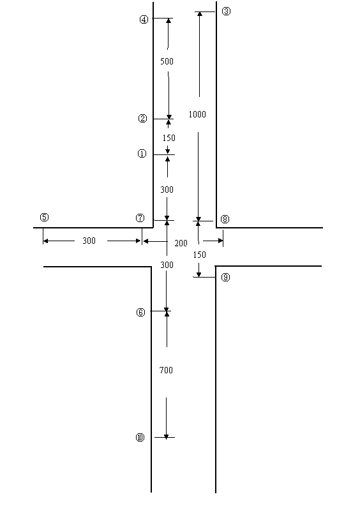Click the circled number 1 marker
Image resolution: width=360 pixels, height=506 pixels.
tap(142, 154)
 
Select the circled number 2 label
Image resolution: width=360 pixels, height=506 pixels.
tap(142, 119)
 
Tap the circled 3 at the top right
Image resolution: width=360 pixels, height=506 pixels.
tap(226, 11)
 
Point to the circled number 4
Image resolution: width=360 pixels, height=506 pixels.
tap(144, 19)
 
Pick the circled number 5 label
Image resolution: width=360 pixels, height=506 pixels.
tap(44, 217)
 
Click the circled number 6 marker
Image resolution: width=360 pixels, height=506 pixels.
tap(140, 312)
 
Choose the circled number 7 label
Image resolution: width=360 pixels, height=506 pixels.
tap(140, 218)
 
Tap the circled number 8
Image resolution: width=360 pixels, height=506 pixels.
tap(225, 219)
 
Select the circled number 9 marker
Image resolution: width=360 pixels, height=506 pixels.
tap(225, 277)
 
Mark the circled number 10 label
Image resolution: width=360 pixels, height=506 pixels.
tap(140, 437)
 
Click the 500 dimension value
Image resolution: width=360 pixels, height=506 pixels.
tap(167, 61)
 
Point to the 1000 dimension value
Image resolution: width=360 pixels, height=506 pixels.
tap(197, 114)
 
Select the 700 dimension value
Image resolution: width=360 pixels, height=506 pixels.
tap(166, 370)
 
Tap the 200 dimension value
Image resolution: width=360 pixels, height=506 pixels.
tap(181, 243)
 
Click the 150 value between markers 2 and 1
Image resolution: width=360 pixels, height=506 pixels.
tap(169, 138)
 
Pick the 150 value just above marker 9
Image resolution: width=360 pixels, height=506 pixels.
tap(200, 255)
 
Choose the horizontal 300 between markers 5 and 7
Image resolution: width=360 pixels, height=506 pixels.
tap(89, 241)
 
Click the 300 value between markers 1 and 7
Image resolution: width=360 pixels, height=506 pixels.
tap(167, 190)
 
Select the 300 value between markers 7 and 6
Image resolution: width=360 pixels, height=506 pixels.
tap(167, 265)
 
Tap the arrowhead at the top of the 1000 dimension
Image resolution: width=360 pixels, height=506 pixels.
tap(200, 14)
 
